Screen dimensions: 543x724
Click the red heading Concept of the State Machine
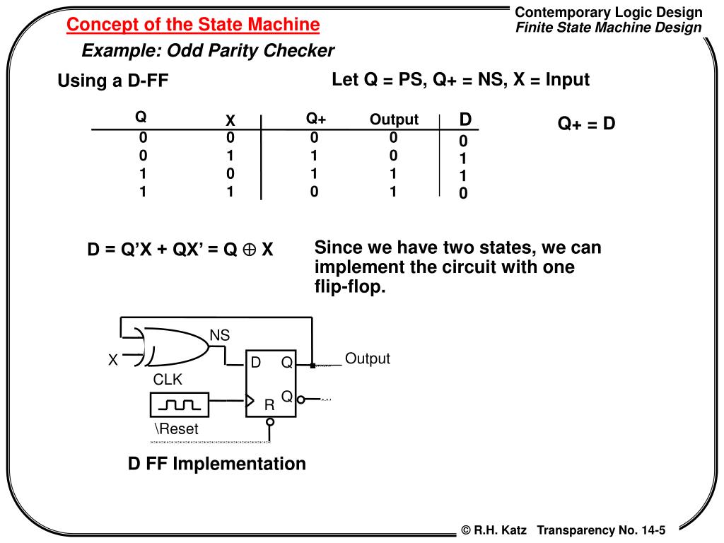193,25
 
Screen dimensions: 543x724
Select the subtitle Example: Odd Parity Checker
208,51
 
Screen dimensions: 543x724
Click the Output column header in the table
394,119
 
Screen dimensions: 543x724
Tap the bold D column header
465,118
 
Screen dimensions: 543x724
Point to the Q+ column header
316,119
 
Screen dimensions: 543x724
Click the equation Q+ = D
586,124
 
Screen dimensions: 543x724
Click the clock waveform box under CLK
180,405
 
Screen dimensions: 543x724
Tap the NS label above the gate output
220,335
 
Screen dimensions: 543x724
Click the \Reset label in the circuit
177,428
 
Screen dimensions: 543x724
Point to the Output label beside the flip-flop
368,358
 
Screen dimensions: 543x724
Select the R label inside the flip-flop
269,405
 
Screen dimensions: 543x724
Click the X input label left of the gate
112,361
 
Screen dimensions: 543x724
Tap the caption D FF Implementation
216,464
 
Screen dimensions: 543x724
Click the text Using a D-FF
113,81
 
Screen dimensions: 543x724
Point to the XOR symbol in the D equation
247,250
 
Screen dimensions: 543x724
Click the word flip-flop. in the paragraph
351,288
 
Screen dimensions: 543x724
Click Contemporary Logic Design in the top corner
608,12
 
